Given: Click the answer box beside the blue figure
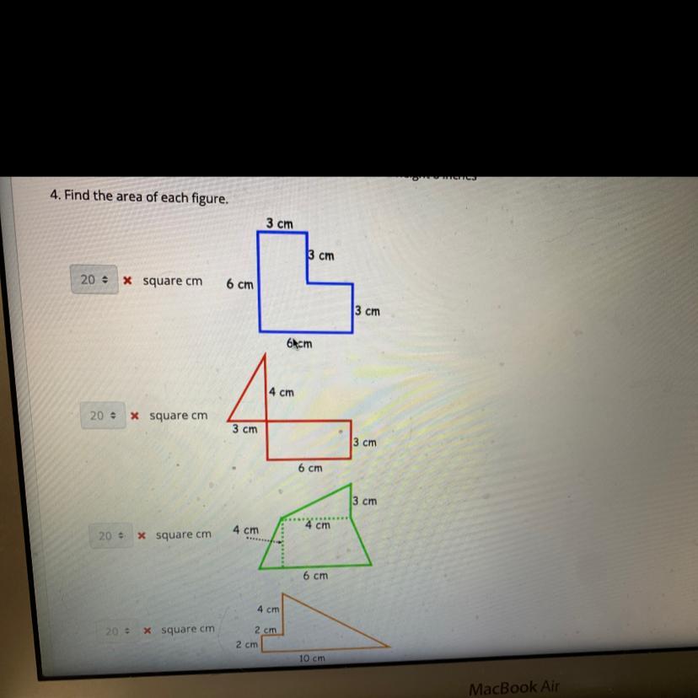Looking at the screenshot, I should tap(93, 280).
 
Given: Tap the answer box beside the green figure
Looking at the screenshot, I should tap(110, 535).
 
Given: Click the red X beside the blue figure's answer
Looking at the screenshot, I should tap(127, 281).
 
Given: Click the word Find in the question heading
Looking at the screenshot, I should tap(77, 196).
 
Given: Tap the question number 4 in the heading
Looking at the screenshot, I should tap(53, 196).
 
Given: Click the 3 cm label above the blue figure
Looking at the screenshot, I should tap(279, 223).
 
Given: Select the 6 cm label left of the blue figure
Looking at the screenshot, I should tap(239, 285).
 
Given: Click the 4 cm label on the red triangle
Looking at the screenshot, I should tap(282, 392).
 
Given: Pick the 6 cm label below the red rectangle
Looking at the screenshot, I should tap(309, 467).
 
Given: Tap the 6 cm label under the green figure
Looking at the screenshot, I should tap(315, 576).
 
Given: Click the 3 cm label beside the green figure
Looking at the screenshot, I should tap(365, 501).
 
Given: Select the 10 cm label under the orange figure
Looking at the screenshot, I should tap(312, 658).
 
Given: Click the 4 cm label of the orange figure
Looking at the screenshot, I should tap(268, 608).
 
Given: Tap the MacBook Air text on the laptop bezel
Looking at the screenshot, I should tap(513, 688).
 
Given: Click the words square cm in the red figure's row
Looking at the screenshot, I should tap(178, 416).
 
